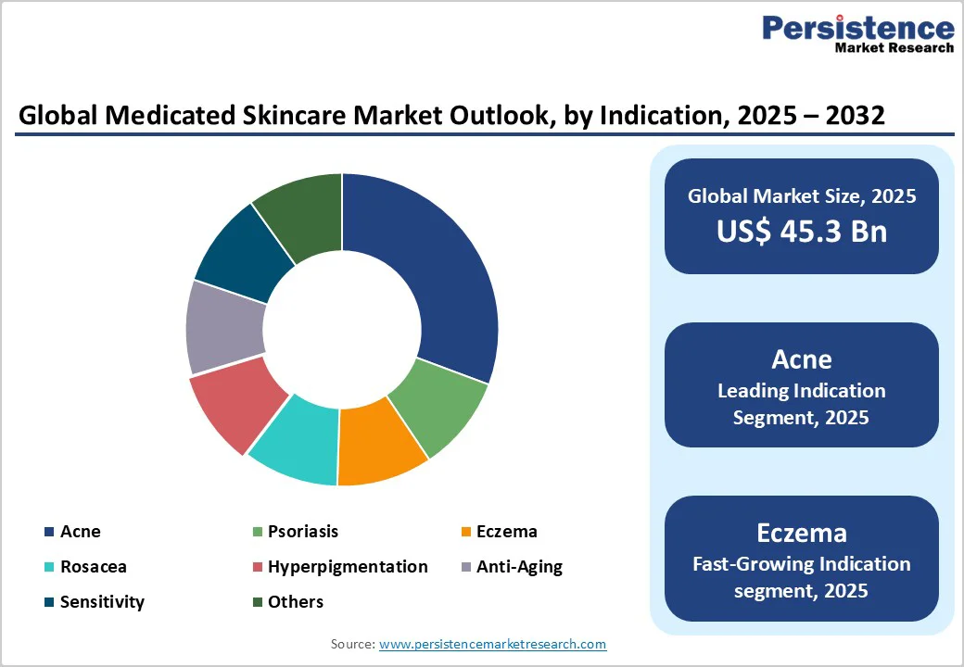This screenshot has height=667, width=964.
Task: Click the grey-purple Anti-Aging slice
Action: pos(225,329)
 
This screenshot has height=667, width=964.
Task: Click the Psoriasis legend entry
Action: pos(303,532)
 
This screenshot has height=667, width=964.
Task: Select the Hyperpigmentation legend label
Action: pos(348,567)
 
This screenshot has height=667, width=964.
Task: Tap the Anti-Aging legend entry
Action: pos(519,567)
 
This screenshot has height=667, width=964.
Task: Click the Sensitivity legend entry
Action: pos(102,602)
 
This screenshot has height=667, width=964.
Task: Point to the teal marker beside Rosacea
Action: pos(49,568)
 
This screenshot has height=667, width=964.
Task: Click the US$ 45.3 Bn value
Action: pos(801,232)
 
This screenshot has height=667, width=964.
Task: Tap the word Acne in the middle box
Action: pos(801,359)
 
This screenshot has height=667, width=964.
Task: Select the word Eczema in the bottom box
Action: pos(801,533)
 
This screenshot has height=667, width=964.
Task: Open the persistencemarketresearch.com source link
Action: pos(492,644)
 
